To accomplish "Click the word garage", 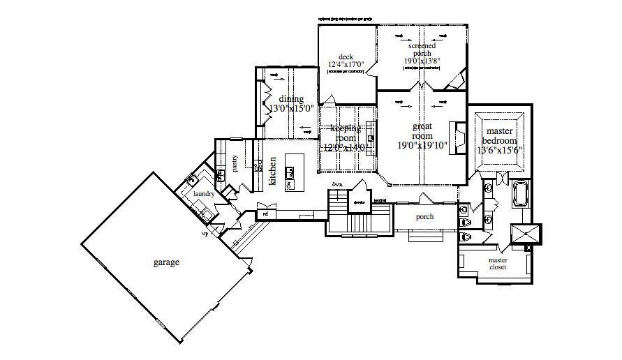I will click(x=167, y=263).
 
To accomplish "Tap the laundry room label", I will click(x=203, y=194).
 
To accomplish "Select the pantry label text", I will click(x=235, y=162).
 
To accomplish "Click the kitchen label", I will click(x=272, y=171).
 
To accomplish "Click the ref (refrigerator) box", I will click(x=265, y=213).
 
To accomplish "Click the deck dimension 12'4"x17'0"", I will click(x=347, y=65).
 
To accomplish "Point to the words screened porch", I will click(x=422, y=50).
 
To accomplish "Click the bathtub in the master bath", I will click(x=520, y=194).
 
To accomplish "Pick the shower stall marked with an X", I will click(x=526, y=233).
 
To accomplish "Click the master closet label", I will click(x=498, y=264).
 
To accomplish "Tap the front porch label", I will click(x=424, y=217).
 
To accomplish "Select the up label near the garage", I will click(x=205, y=234).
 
